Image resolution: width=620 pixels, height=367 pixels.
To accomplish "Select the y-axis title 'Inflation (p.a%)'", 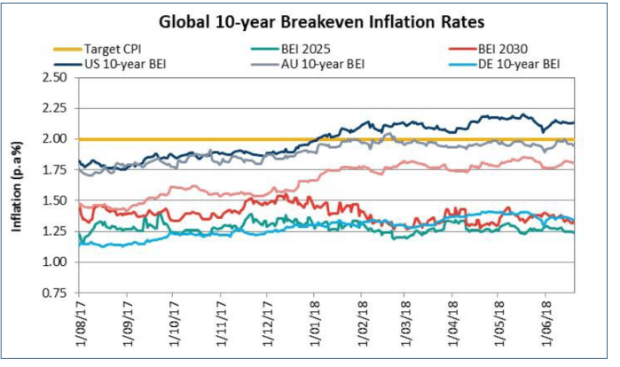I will (17, 186).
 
